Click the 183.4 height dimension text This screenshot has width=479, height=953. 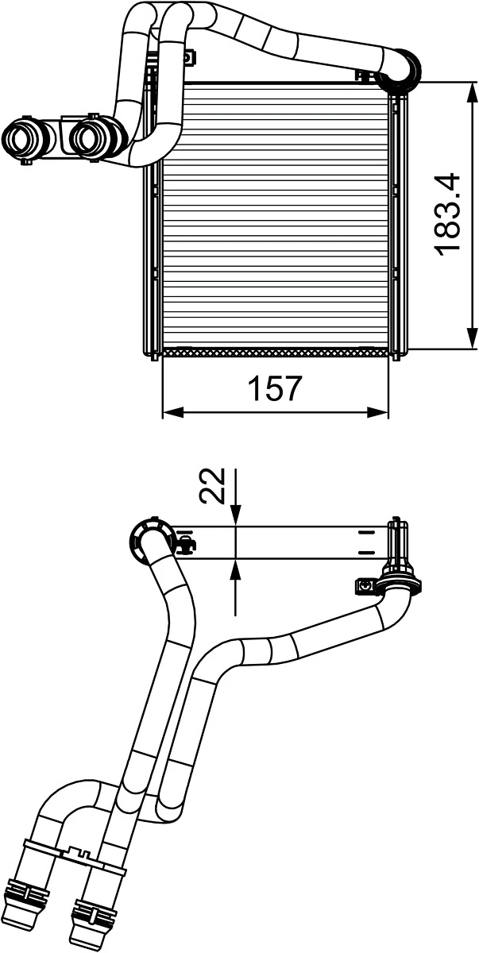[448, 214]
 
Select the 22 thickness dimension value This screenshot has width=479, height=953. [213, 485]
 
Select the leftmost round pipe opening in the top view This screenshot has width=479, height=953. [22, 139]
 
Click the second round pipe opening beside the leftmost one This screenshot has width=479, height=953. [89, 138]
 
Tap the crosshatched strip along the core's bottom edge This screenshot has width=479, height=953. [276, 351]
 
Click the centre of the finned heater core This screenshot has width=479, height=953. [276, 214]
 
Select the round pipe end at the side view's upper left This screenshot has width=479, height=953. [149, 540]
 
